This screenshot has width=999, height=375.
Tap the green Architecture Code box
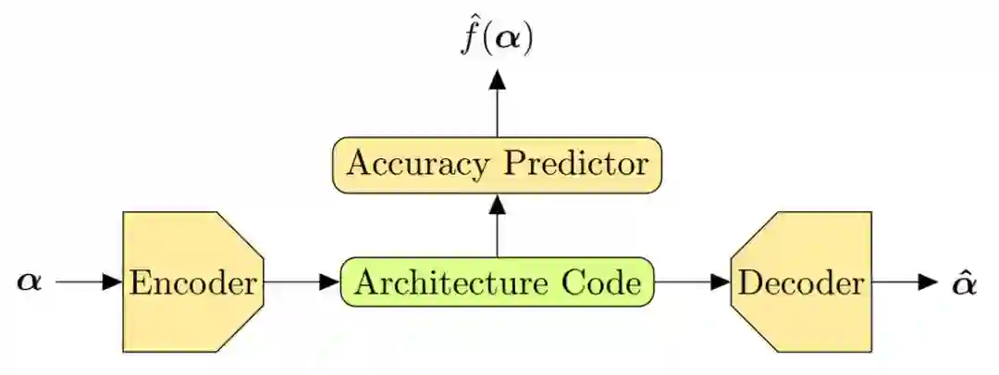tap(498, 282)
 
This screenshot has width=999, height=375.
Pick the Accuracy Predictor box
tap(498, 165)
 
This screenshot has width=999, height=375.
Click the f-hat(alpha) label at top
tap(498, 39)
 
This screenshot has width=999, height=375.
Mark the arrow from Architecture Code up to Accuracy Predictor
tap(498, 226)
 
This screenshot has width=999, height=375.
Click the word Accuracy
tap(413, 165)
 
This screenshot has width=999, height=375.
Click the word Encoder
tap(192, 282)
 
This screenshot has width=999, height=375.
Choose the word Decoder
tap(801, 282)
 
